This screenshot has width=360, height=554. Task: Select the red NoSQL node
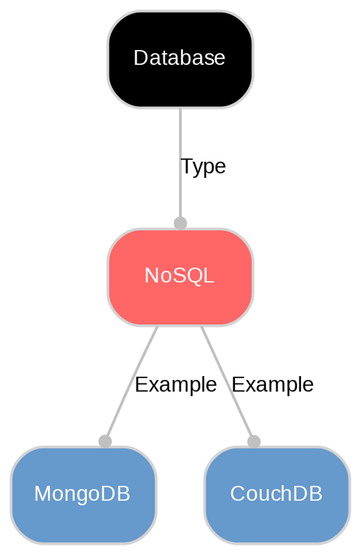[x=180, y=298]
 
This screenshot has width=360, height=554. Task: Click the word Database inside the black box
[x=179, y=58]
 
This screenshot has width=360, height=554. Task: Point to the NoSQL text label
[x=179, y=276]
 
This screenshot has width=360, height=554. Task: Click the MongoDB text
[x=82, y=494]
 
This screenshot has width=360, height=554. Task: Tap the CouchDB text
[x=276, y=494]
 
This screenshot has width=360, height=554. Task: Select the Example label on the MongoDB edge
[x=175, y=385]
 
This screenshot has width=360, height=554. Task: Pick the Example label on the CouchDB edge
[x=272, y=385]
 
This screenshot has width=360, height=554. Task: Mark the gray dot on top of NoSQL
[x=180, y=223]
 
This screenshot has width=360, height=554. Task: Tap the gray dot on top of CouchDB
[x=254, y=441]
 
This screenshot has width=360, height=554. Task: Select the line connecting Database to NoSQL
[x=180, y=141]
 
